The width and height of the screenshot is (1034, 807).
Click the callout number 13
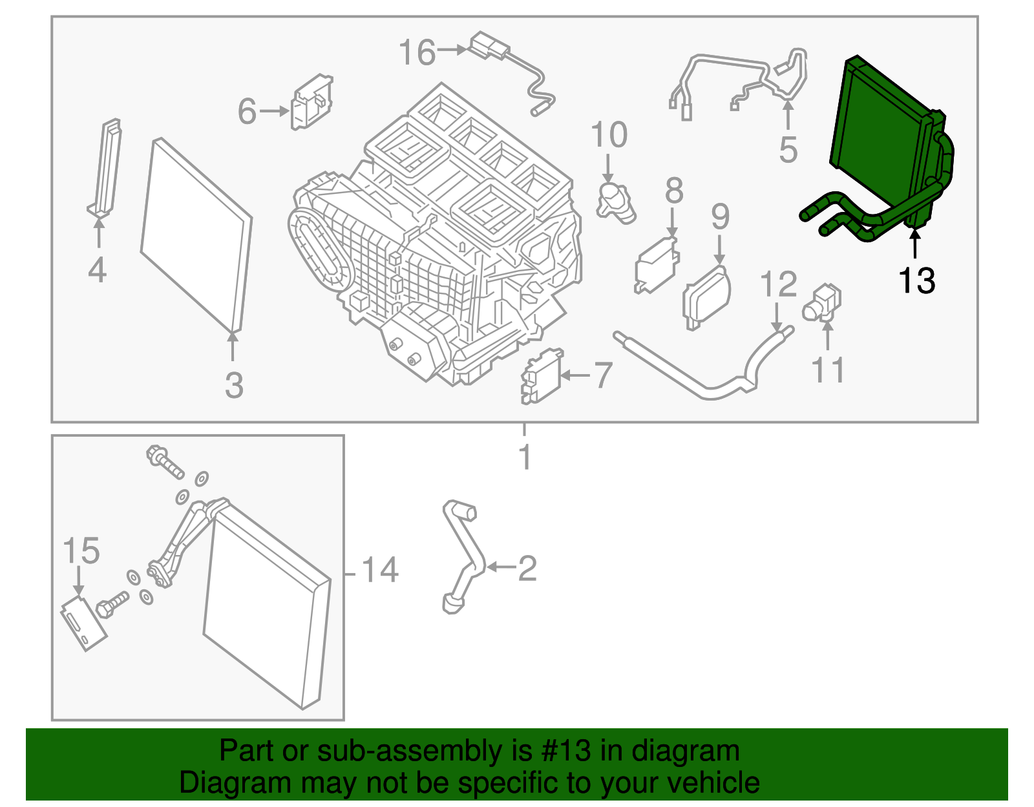pyautogui.click(x=916, y=281)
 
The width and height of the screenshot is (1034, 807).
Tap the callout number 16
pyautogui.click(x=417, y=53)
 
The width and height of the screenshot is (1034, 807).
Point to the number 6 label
pyautogui.click(x=248, y=111)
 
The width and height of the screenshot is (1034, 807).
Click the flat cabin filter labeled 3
pyautogui.click(x=196, y=236)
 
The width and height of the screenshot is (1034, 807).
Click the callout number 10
pyautogui.click(x=609, y=135)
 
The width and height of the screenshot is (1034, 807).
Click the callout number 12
pyautogui.click(x=779, y=284)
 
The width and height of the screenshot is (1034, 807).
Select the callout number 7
pyautogui.click(x=602, y=375)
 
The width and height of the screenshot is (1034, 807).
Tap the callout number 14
pyautogui.click(x=380, y=570)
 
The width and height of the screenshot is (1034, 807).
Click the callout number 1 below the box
pyautogui.click(x=525, y=457)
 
